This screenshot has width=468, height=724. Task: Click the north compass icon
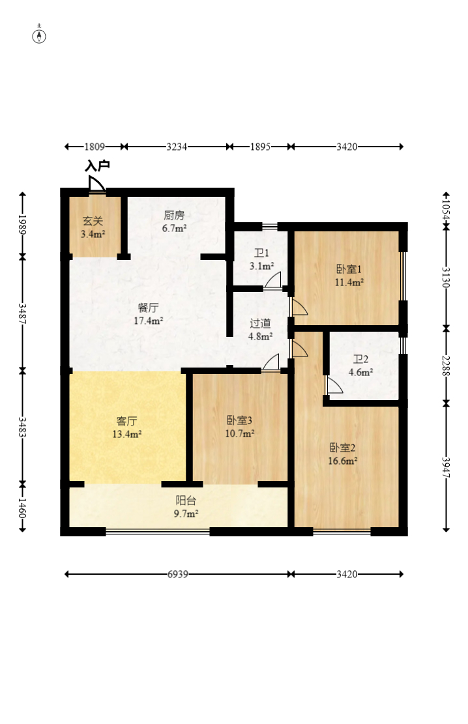[40, 35]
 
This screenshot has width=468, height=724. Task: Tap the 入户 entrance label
[97, 166]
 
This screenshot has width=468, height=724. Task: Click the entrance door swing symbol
[97, 184]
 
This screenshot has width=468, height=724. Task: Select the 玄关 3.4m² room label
[93, 227]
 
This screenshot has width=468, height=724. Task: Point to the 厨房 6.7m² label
[175, 222]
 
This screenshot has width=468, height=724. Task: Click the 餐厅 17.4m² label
[148, 313]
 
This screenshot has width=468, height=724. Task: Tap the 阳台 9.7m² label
[186, 507]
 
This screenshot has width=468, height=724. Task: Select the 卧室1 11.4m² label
[349, 276]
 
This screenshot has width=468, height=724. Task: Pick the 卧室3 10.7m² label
[240, 426]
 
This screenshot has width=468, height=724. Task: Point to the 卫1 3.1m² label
[261, 259]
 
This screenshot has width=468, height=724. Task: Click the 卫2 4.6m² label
[361, 366]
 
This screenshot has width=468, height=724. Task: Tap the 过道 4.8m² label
[261, 329]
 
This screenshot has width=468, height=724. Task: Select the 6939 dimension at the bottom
[177, 574]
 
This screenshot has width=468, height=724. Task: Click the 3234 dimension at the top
[177, 147]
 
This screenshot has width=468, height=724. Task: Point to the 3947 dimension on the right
[446, 467]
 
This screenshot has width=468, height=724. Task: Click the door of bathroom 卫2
[333, 386]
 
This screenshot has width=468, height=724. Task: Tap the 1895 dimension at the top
[260, 147]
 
